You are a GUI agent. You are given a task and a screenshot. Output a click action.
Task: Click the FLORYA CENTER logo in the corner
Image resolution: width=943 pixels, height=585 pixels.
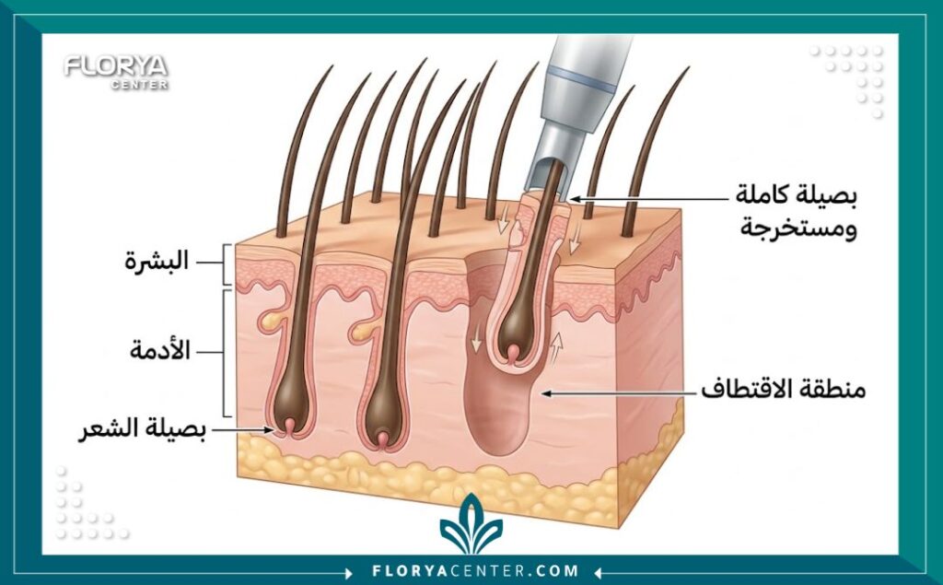pos(115,72)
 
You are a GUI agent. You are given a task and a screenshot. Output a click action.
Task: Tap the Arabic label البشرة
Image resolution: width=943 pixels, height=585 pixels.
pos(157,262)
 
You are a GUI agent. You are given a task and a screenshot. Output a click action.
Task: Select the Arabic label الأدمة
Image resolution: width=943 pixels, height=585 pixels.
pos(160,350)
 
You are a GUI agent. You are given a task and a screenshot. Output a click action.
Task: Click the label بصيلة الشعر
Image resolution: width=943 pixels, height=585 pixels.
pos(143,429)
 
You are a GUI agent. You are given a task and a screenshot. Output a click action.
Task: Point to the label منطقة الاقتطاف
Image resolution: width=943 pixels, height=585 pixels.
pos(783,390)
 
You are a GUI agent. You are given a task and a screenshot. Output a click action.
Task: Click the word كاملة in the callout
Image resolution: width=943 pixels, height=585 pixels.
pos(765,195)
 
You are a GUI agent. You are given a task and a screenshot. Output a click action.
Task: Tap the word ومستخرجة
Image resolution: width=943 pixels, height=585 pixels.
pos(798,228)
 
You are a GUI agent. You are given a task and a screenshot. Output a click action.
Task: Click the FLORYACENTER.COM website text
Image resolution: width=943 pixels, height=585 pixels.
pos(475,570)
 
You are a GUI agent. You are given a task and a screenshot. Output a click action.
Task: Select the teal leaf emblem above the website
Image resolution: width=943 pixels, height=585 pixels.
pos(471,524)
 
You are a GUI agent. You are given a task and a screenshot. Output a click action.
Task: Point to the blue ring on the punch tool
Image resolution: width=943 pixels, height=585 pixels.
pos(582,78)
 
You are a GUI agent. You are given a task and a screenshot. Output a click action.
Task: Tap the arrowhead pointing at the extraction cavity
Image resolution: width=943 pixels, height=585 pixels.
pos(546,393)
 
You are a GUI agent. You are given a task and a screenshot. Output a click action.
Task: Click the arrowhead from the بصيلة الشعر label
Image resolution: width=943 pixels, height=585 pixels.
pos(269,429)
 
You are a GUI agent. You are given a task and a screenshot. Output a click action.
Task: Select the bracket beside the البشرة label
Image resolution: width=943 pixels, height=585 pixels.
pos(226,263)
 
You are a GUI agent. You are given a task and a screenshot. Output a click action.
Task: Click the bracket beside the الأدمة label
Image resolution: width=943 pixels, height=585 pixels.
pos(227,353)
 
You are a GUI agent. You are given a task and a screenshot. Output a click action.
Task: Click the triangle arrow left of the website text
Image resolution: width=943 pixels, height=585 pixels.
pos(350,571)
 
